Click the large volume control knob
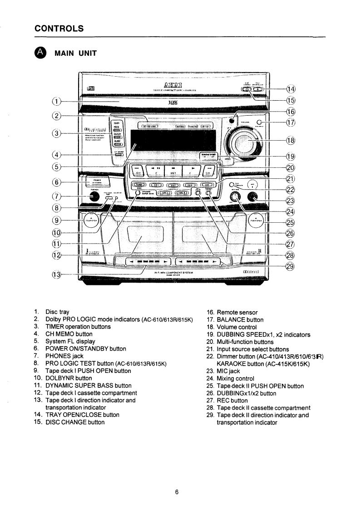[246, 142]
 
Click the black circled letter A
[41, 53]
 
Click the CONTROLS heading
[59, 28]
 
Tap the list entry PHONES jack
[64, 356]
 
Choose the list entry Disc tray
[58, 313]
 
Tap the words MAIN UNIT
[75, 53]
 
